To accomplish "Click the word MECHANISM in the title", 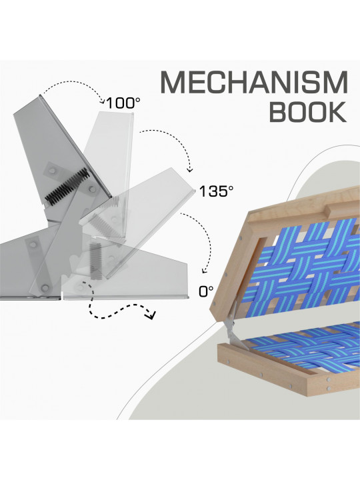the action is [254, 83].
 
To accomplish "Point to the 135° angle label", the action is [216, 191].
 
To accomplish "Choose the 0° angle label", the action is [206, 291].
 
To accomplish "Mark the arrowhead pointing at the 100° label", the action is [103, 99].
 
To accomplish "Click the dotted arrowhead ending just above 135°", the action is [190, 169].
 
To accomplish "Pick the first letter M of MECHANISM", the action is [173, 83].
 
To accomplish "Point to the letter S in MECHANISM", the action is [308, 83].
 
